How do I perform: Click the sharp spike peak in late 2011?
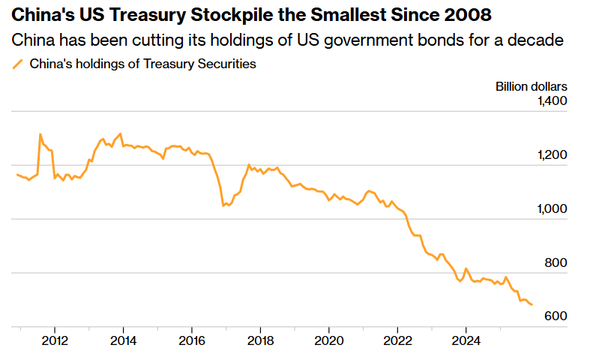[x=40, y=134]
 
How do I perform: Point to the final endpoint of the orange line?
[x=532, y=305]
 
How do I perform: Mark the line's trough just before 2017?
[x=223, y=205]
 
